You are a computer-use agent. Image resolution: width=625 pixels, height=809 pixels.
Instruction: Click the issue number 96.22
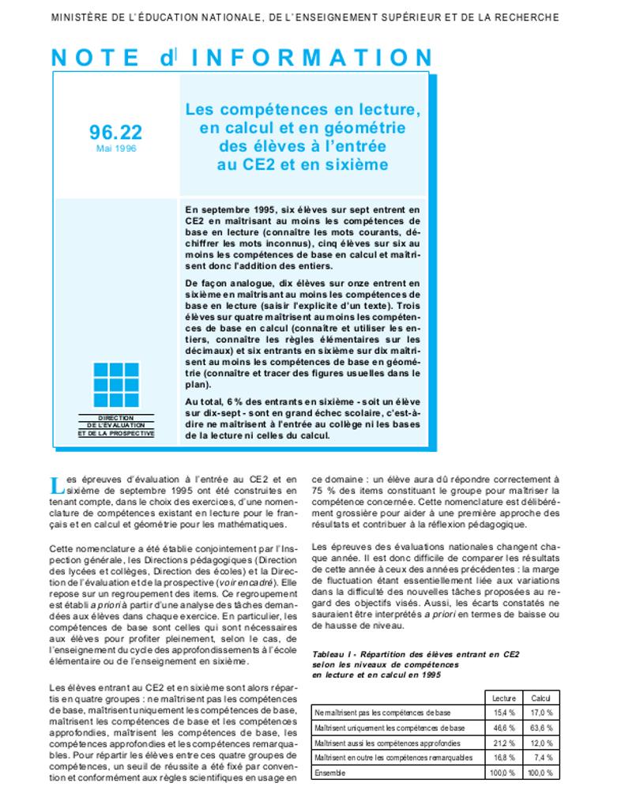pos(116,132)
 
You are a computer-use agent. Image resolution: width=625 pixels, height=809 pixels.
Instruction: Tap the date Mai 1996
pos(116,149)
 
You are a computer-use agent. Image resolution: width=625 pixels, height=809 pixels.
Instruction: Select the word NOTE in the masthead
pos(96,58)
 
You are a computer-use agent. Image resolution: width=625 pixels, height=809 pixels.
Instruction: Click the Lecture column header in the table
pos(504,698)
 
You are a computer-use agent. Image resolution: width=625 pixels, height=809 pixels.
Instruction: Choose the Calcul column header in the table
pos(541,698)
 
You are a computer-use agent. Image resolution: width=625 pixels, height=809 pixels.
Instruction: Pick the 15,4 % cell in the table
pos(504,713)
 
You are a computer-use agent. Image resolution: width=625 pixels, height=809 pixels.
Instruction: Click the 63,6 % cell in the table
pos(541,728)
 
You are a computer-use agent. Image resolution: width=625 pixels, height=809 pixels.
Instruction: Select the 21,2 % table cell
pos(504,743)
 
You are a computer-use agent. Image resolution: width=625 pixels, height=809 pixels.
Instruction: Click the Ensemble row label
pos(329,773)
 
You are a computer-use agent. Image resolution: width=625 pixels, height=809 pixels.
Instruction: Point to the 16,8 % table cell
pos(504,758)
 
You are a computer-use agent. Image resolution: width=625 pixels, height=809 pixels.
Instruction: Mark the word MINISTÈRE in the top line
pos(77,17)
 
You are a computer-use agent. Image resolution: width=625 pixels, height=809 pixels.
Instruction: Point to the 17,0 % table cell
pos(541,713)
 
